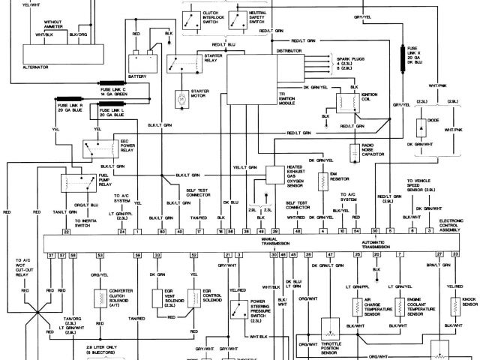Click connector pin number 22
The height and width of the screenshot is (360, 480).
coord(66,232)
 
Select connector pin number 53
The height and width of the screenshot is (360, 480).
coord(100,255)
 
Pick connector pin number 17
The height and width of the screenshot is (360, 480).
coord(199,232)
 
